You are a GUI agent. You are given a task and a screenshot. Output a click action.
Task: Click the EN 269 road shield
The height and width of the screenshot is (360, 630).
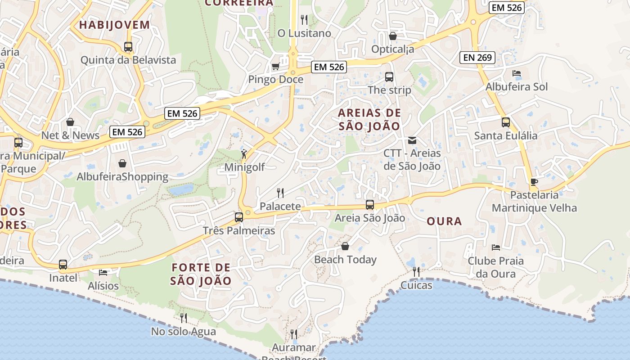click(x=477, y=58)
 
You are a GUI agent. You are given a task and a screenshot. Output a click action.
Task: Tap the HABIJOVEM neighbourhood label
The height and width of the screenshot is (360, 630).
click(x=114, y=25)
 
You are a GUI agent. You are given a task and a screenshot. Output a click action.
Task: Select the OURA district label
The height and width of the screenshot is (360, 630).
click(x=444, y=221)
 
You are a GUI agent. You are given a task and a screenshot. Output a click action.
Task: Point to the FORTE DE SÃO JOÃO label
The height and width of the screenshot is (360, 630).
click(x=201, y=274)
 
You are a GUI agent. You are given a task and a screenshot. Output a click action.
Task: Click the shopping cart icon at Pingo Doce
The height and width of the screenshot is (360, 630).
click(x=275, y=67)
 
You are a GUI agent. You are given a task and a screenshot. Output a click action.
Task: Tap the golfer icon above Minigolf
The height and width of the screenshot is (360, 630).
click(x=244, y=154)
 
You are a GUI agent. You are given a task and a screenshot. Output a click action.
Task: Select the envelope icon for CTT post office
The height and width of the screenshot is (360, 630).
click(x=412, y=140)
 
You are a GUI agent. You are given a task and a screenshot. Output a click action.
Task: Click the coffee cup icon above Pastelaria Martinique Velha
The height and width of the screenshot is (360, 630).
click(x=534, y=182)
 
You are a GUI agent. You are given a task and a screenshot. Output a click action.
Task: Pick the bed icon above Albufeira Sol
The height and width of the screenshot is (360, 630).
click(x=517, y=73)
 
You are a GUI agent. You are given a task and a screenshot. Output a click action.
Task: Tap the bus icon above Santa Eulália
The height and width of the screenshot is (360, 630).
click(x=506, y=122)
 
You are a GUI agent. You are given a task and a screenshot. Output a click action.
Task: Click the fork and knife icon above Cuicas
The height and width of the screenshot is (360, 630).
click(x=416, y=271)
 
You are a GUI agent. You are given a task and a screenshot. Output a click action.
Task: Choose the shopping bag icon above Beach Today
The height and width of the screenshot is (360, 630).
click(x=345, y=246)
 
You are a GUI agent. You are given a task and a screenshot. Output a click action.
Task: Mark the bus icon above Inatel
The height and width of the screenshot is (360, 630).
click(x=63, y=265)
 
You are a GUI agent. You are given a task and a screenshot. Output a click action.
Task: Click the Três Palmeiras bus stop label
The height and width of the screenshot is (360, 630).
click(x=239, y=231)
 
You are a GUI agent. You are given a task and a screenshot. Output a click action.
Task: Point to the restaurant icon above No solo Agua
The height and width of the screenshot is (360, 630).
click(x=183, y=318)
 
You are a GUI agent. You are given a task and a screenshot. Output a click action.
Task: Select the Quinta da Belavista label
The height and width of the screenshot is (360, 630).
click(x=128, y=60)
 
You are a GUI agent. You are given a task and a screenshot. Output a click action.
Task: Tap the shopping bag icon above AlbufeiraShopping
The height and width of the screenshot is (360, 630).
click(x=122, y=163)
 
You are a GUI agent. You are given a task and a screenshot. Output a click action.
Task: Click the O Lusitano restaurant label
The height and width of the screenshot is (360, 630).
click(x=304, y=33)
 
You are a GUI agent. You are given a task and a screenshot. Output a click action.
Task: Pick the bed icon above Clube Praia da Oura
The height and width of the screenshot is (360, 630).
click(x=496, y=247)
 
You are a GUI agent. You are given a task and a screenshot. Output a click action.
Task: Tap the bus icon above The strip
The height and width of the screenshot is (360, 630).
click(x=389, y=77)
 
